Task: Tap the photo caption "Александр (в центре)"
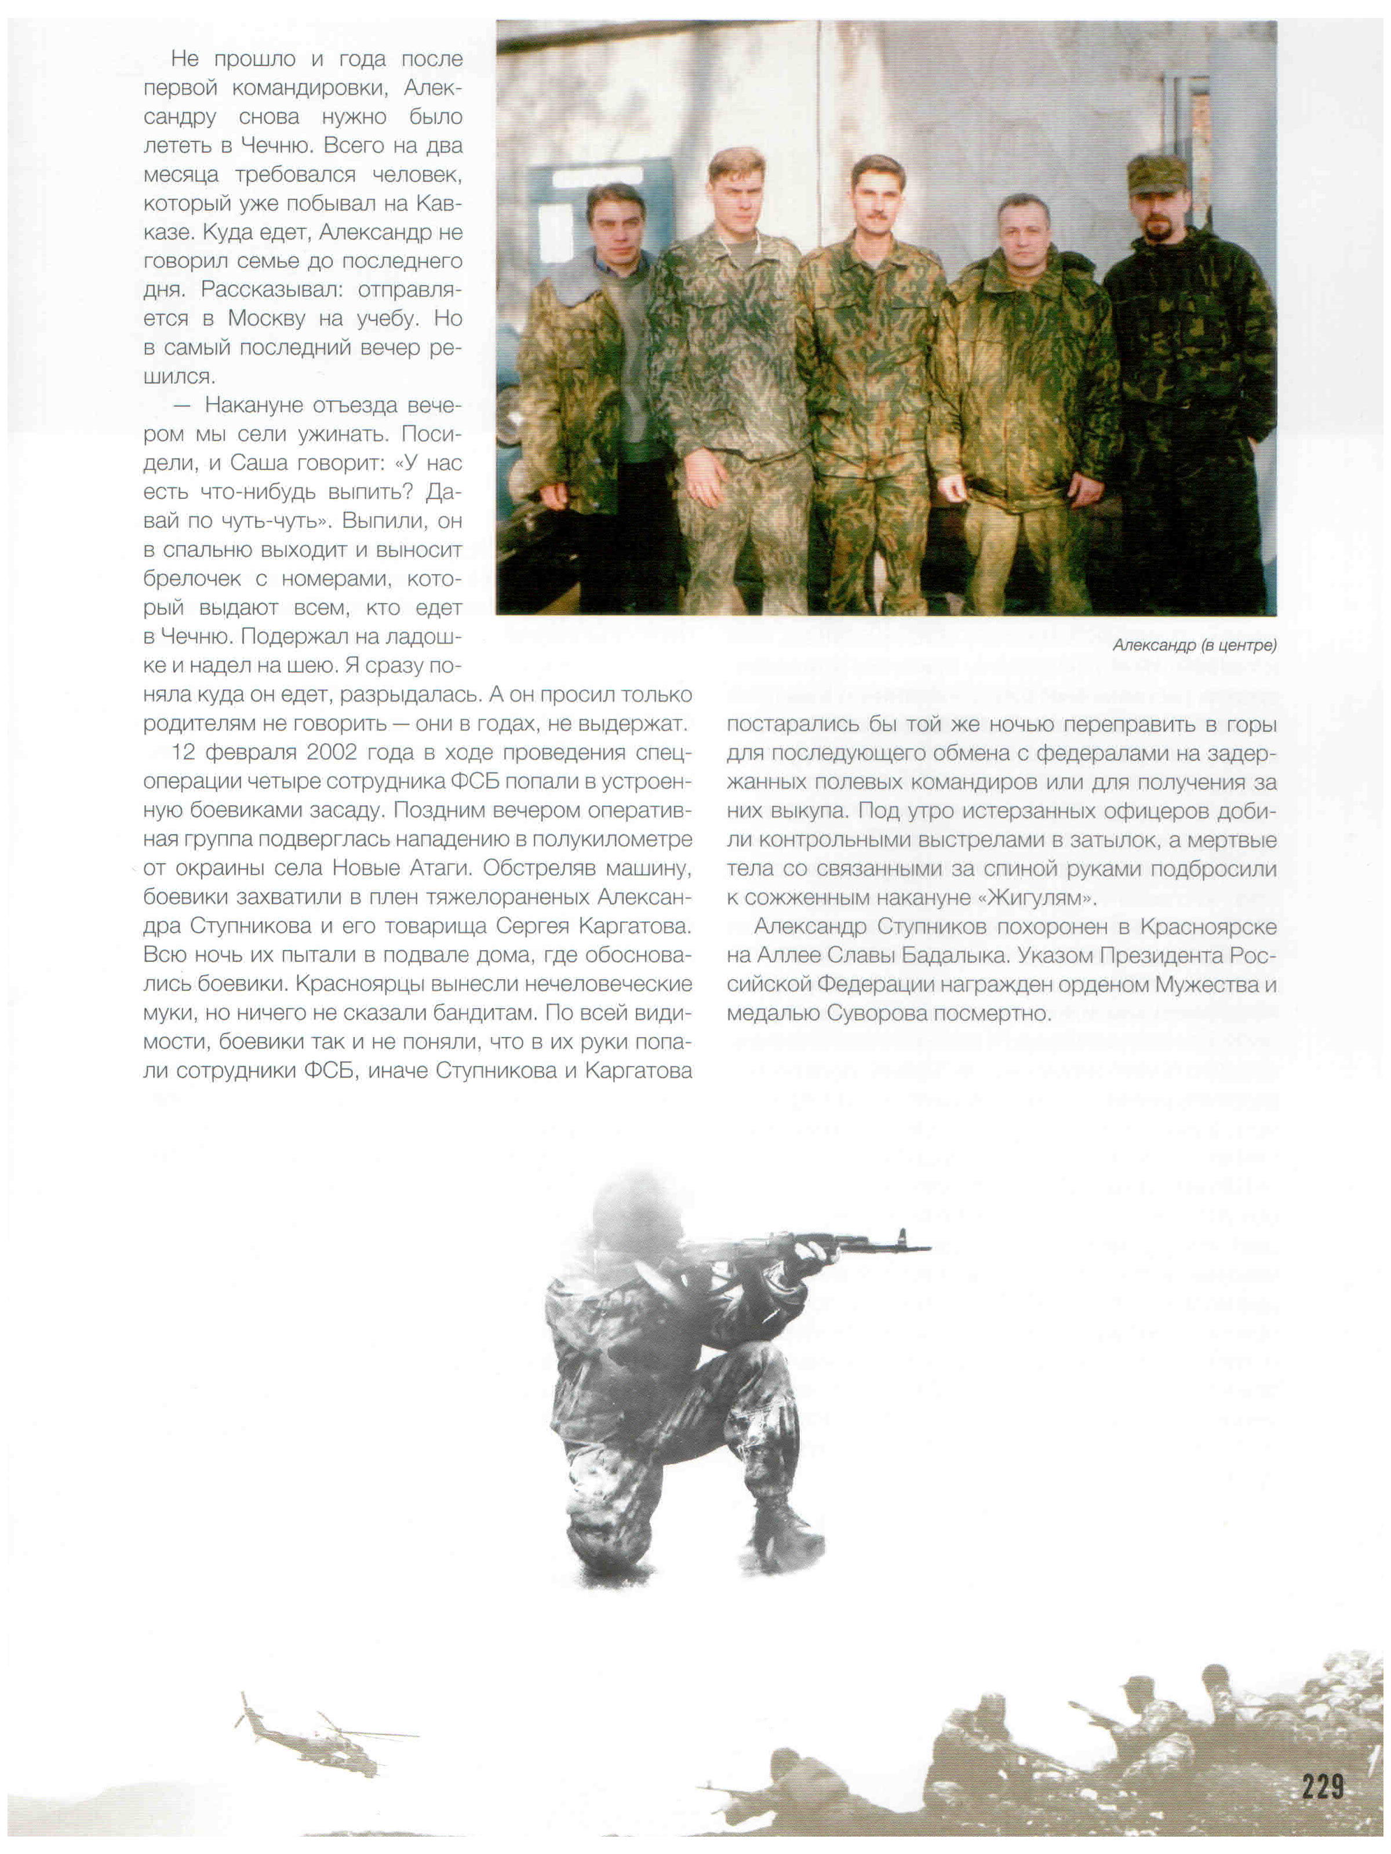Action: [x=1193, y=644]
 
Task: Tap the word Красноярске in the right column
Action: [x=1209, y=926]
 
